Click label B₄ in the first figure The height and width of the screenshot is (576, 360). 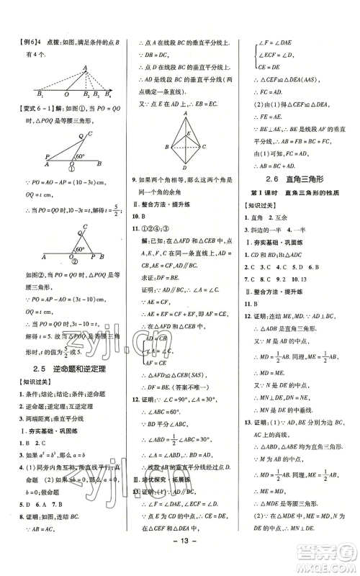tap(109, 95)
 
